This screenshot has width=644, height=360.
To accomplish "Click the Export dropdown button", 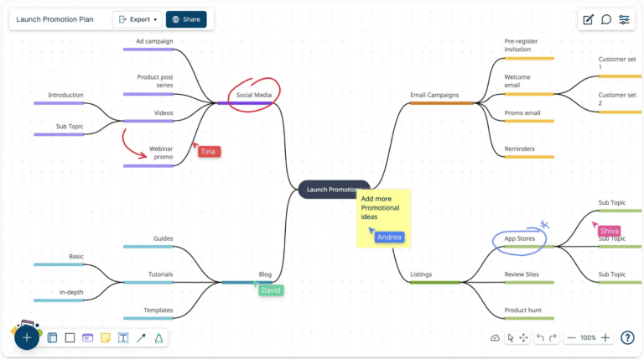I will tap(138, 18).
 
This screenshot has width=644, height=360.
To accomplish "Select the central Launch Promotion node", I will tap(334, 190).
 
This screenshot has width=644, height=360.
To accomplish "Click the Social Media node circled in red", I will tap(254, 95).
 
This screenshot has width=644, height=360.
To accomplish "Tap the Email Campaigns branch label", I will tap(434, 95).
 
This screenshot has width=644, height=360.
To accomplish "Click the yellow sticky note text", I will tap(381, 207).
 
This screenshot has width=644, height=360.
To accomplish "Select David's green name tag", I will tap(271, 290).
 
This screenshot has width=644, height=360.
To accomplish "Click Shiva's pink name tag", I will tap(610, 231).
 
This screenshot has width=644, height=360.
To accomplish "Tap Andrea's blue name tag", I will tap(389, 237).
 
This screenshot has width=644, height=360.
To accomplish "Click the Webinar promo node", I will tap(161, 153).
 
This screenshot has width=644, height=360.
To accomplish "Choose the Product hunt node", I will tap(522, 310).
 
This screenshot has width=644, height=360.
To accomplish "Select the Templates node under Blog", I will tap(158, 310).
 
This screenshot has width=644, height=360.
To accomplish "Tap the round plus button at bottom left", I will tap(27, 337).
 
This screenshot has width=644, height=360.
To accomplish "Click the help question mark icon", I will tap(627, 337).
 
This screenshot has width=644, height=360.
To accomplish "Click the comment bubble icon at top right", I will tap(606, 19).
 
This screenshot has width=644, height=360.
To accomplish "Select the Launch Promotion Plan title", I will tap(55, 18).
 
